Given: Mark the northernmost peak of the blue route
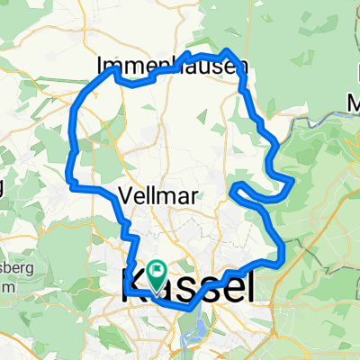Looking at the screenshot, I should pos(229,50).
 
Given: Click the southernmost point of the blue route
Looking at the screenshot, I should pos(190,308).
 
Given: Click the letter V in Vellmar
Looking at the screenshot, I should pos(125,194).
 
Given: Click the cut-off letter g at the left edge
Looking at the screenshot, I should pos(3,188).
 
